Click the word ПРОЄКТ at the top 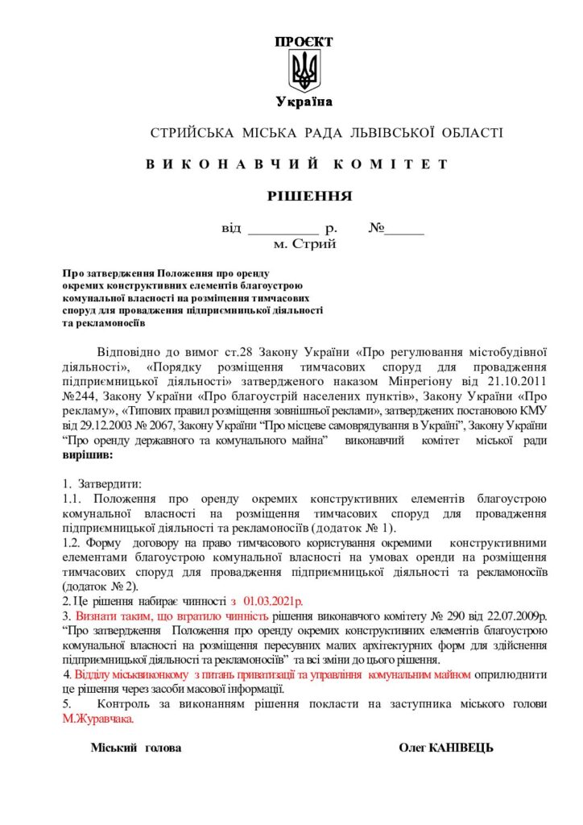tap(304, 42)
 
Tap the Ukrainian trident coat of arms tap(304, 70)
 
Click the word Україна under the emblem tap(304, 102)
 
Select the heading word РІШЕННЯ tap(309, 195)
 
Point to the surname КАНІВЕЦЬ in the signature tap(461, 748)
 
